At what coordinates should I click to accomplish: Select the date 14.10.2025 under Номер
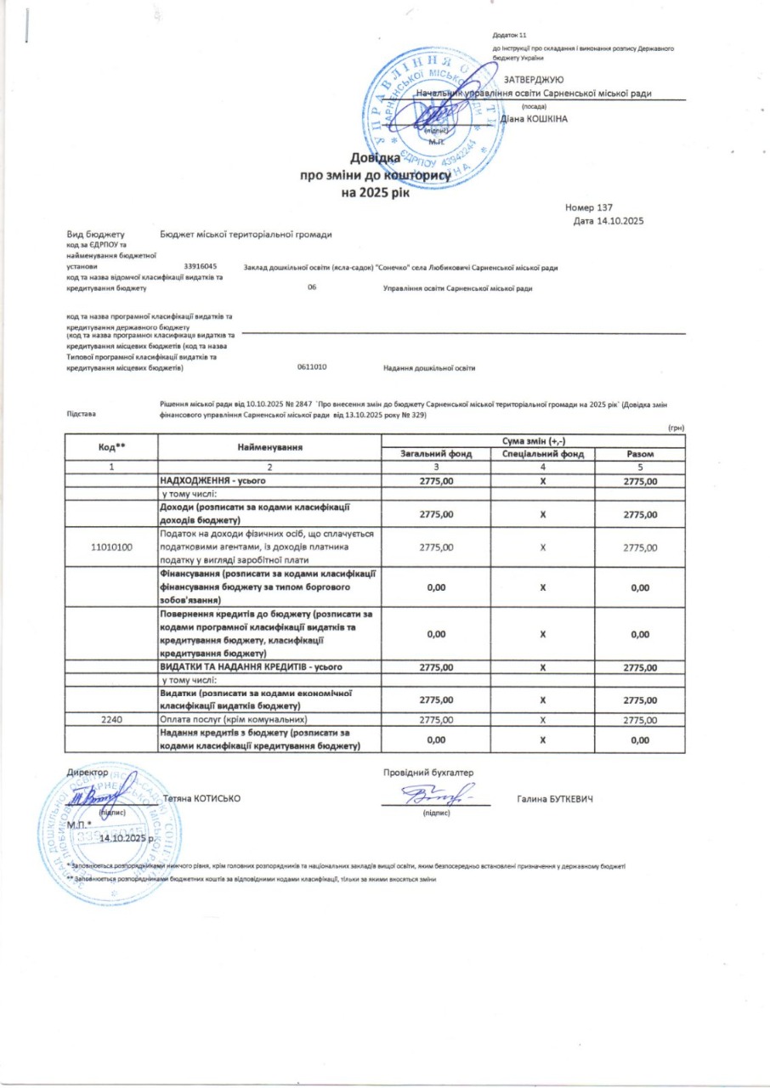click(609, 222)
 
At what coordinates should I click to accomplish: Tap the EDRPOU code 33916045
click(201, 268)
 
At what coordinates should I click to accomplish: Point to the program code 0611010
click(312, 367)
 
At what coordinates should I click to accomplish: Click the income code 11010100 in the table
click(111, 547)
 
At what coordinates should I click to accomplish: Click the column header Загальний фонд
click(436, 454)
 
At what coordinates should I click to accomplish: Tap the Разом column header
click(639, 454)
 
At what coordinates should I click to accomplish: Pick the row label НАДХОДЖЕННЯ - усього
click(208, 481)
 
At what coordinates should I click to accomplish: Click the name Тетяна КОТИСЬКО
click(201, 798)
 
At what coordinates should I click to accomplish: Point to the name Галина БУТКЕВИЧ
click(553, 800)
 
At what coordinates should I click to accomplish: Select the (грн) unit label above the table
click(677, 428)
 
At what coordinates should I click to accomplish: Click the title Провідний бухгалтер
click(428, 773)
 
